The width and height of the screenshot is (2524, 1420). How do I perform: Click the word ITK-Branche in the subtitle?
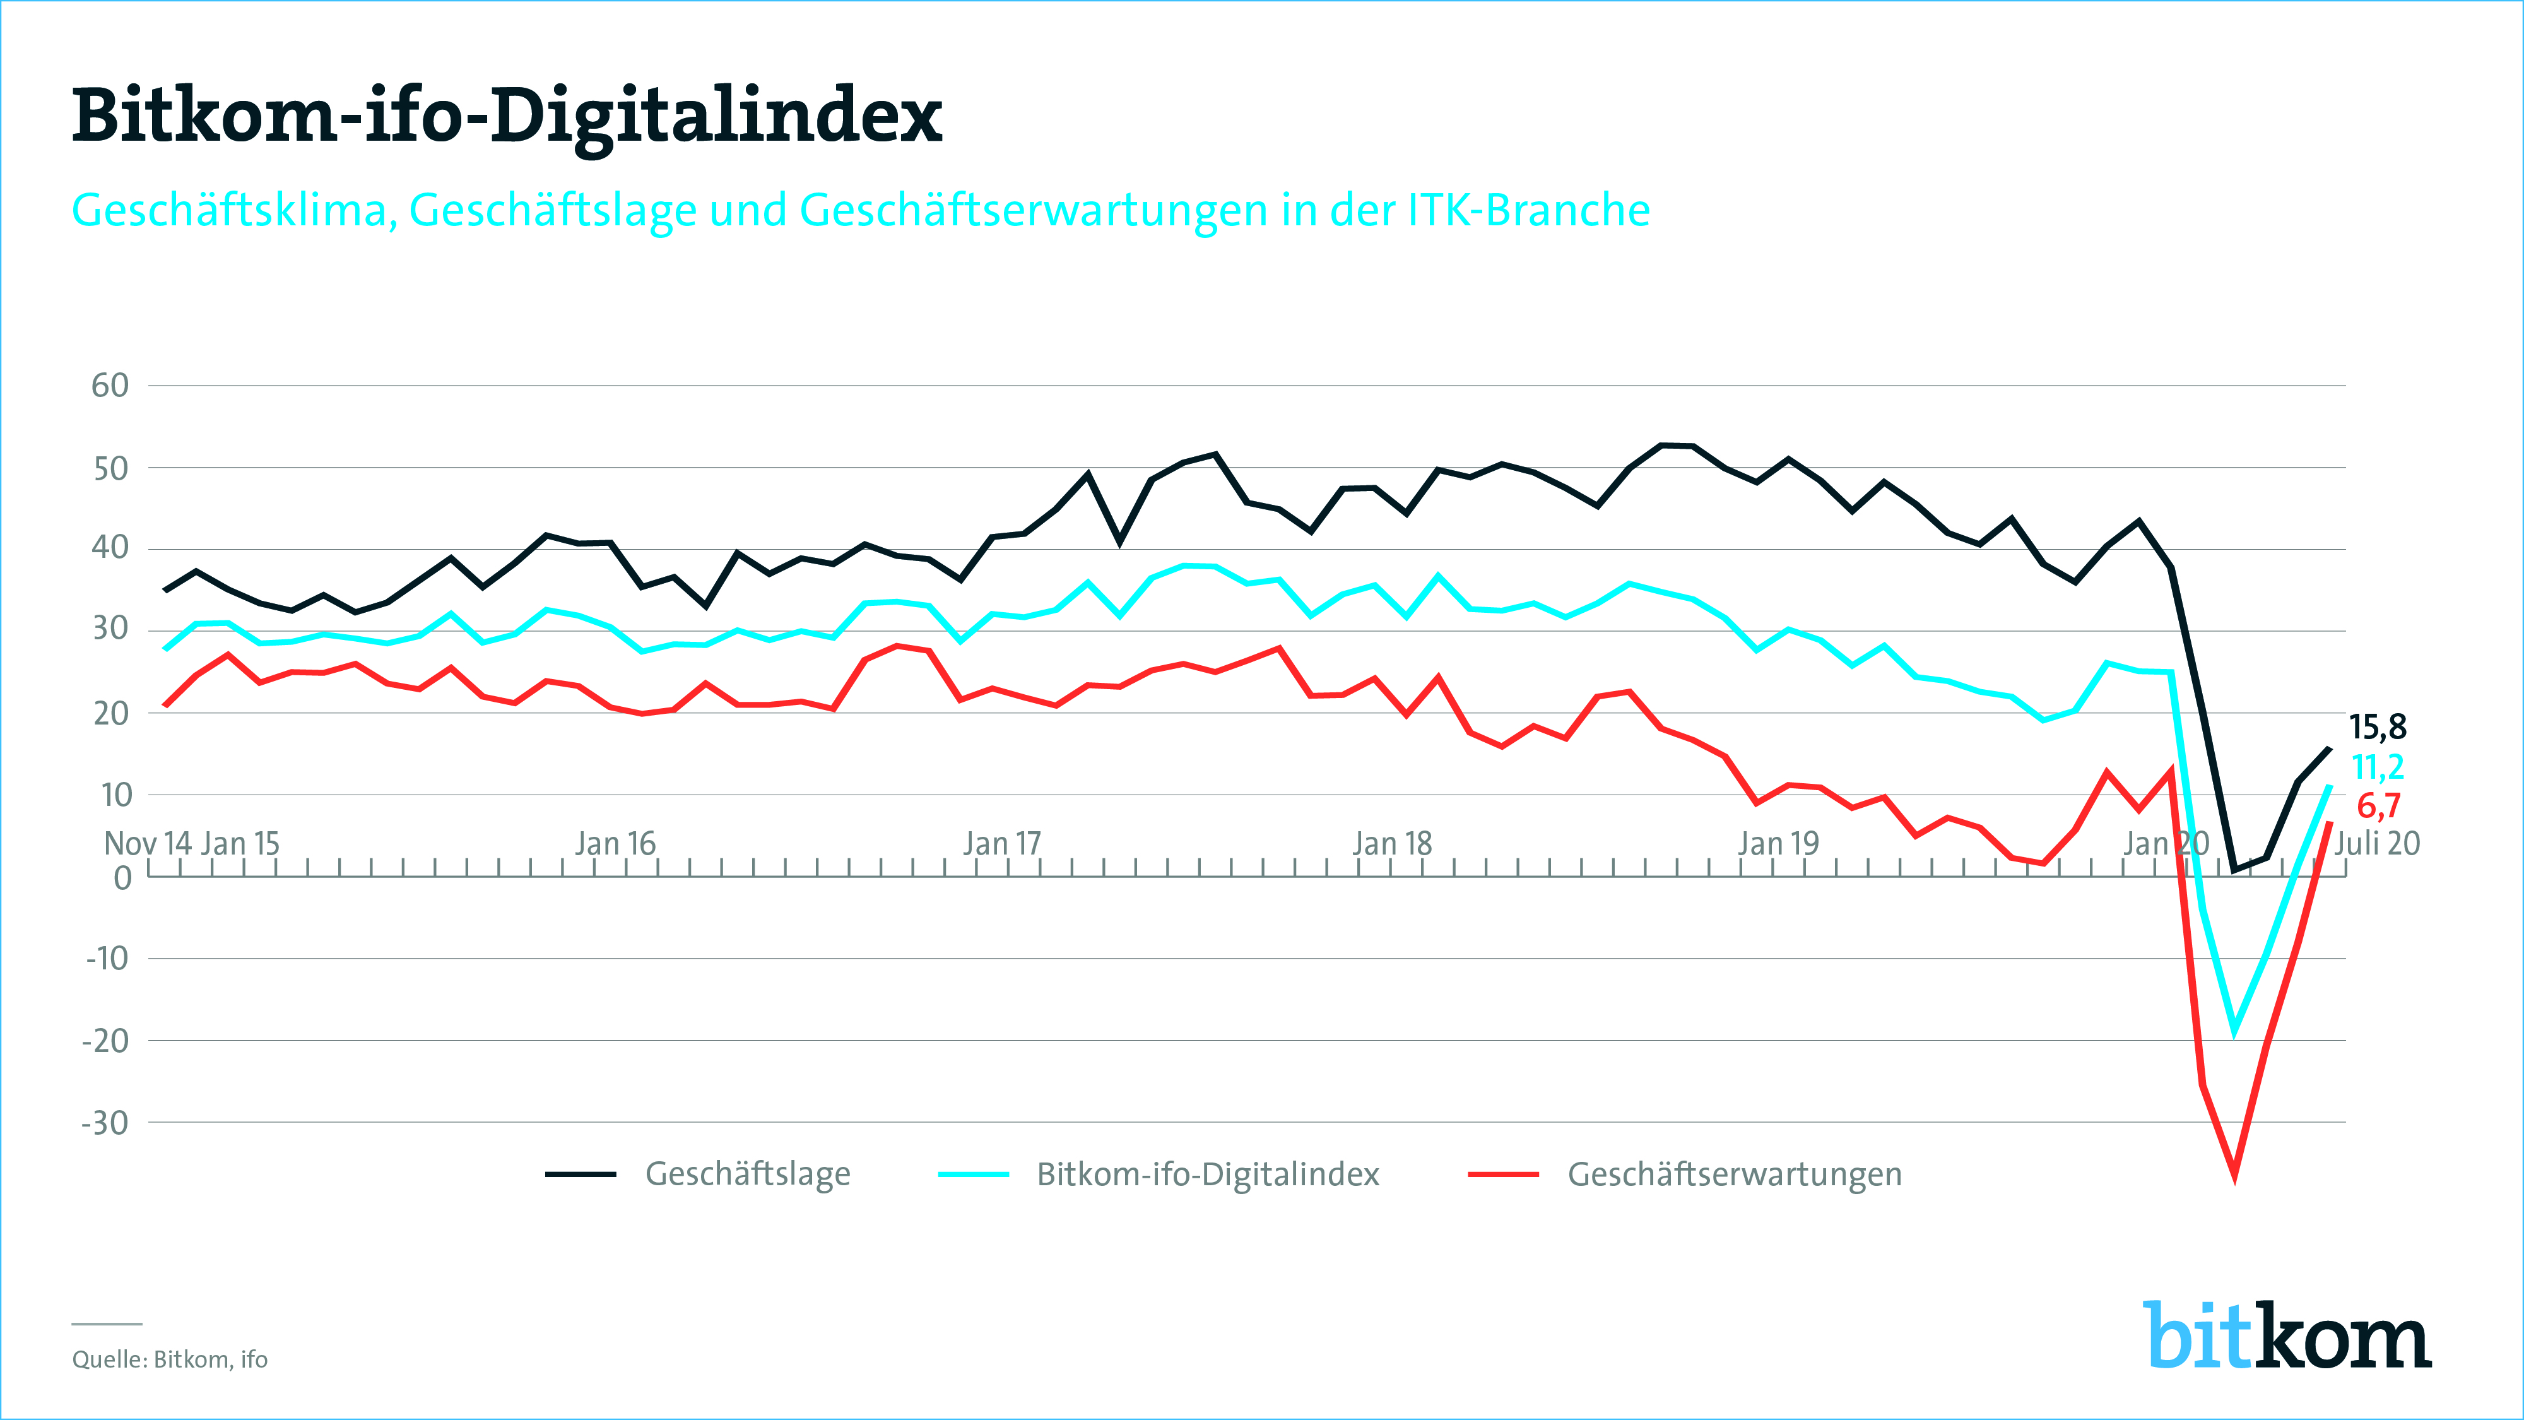click(x=1528, y=210)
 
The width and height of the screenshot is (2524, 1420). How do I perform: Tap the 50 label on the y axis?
click(x=110, y=468)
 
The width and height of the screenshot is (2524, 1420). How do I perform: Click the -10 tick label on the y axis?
click(x=107, y=959)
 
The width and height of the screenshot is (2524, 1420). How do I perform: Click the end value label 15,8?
click(x=2378, y=727)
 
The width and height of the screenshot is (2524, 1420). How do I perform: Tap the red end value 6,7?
click(x=2379, y=805)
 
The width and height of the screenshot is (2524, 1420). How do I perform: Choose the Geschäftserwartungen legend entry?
click(x=1734, y=1174)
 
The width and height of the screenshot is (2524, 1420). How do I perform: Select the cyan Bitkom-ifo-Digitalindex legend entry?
click(x=1207, y=1174)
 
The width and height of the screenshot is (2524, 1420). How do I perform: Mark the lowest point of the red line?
click(x=2235, y=1175)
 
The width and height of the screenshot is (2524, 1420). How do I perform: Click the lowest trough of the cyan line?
click(x=2235, y=1029)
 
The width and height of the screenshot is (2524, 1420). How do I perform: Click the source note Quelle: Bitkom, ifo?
click(x=170, y=1359)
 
